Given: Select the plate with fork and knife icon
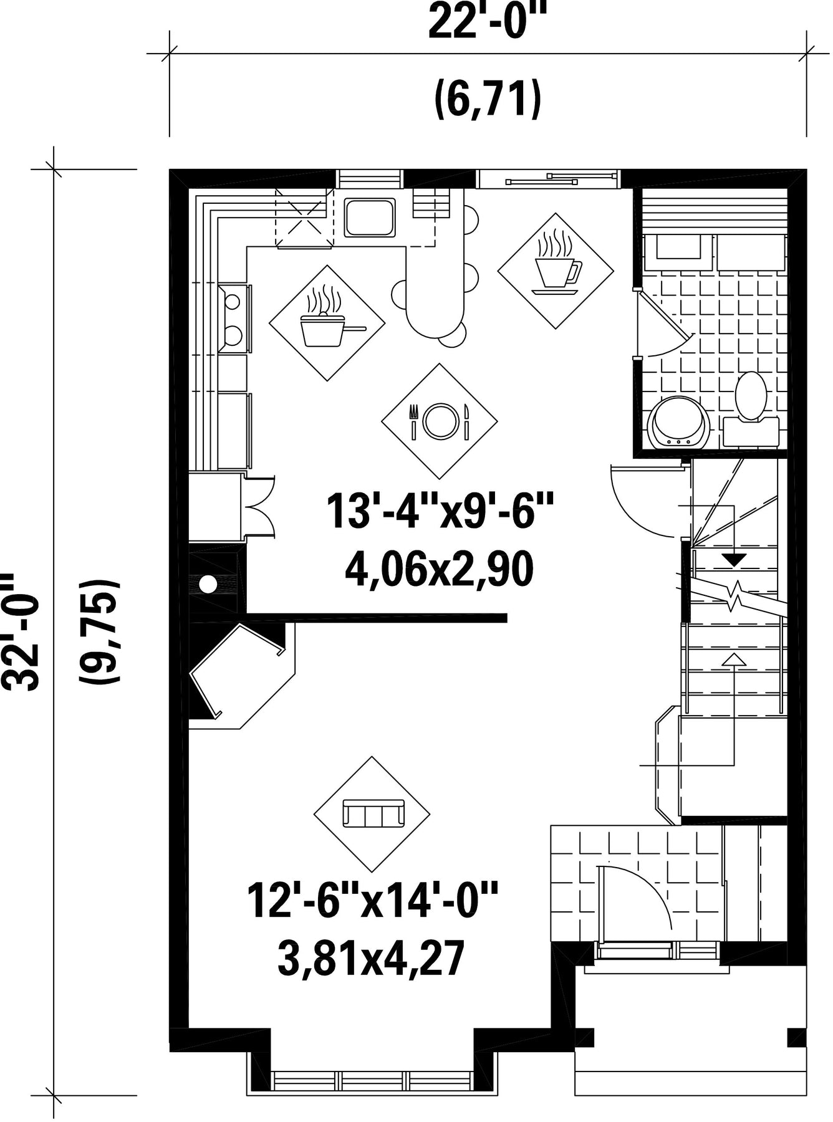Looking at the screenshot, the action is coord(440,421).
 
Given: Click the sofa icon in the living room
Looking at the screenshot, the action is coord(373,813).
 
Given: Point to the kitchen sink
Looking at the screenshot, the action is coord(370,218).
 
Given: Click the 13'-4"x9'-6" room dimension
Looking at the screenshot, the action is coord(440,511).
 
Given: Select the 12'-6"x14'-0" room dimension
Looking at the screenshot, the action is coord(373,899).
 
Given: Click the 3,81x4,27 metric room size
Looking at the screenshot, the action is coord(372,959).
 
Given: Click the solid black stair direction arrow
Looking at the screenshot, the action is coord(736,560).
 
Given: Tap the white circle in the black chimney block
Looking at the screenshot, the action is coord(208,585).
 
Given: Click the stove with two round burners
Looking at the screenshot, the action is coord(234,319).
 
